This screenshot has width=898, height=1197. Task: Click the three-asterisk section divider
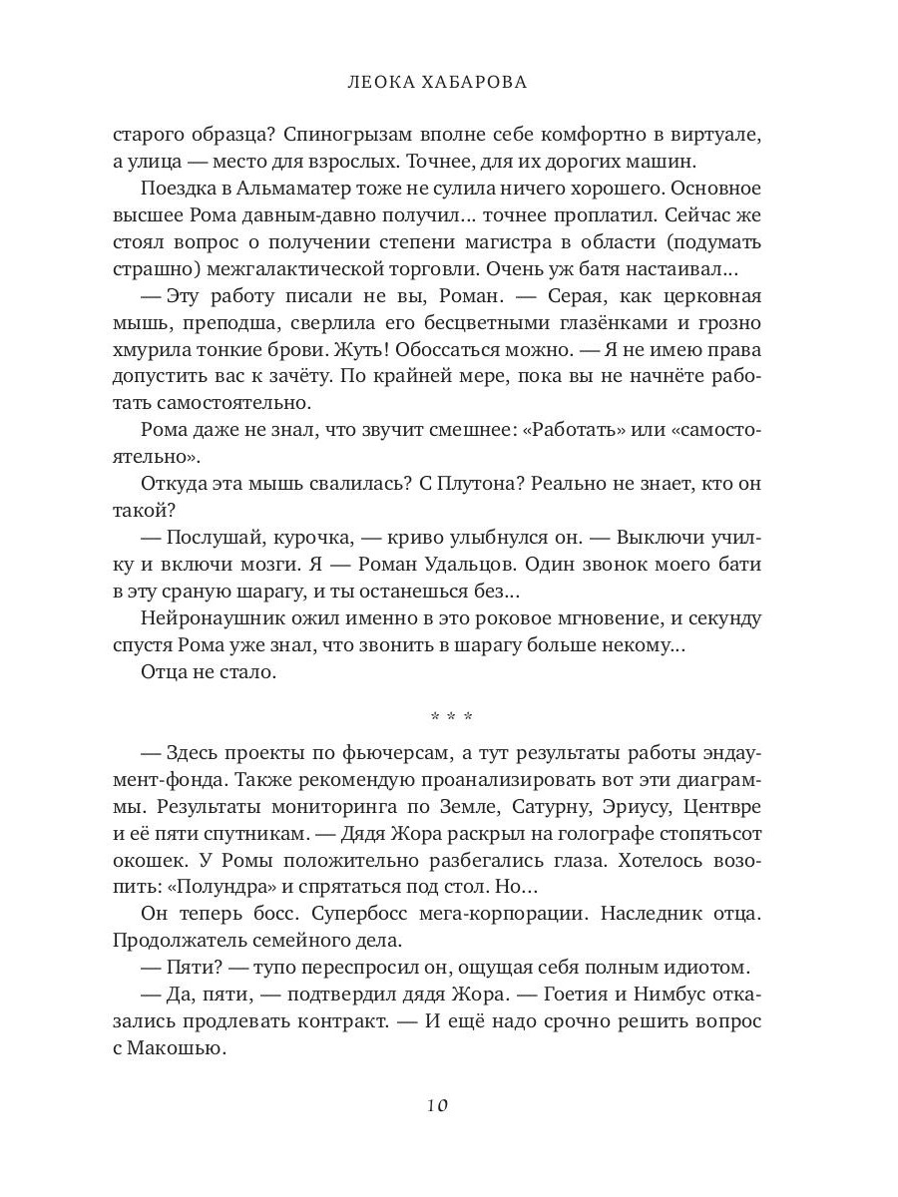pyautogui.click(x=449, y=716)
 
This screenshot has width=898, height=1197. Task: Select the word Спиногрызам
pyautogui.click(x=323, y=133)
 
